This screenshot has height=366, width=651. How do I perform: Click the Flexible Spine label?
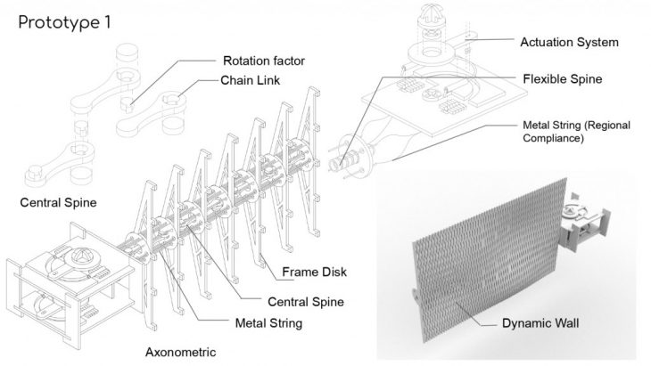561,78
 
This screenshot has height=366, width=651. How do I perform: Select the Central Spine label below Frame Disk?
306,301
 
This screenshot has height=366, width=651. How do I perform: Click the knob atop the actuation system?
432,17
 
